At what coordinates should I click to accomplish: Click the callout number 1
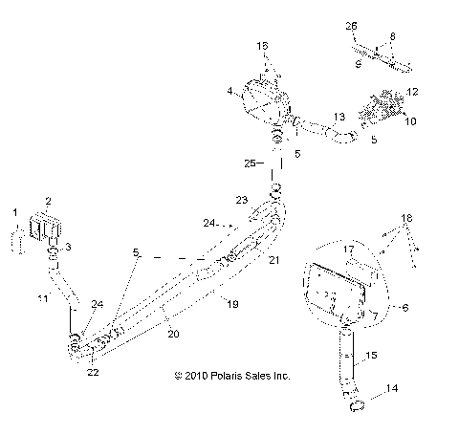point(14,211)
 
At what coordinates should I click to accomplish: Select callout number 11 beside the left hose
point(40,299)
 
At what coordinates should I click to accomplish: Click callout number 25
point(247,163)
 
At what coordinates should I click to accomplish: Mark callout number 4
point(229,91)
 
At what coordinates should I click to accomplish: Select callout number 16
point(264,45)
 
